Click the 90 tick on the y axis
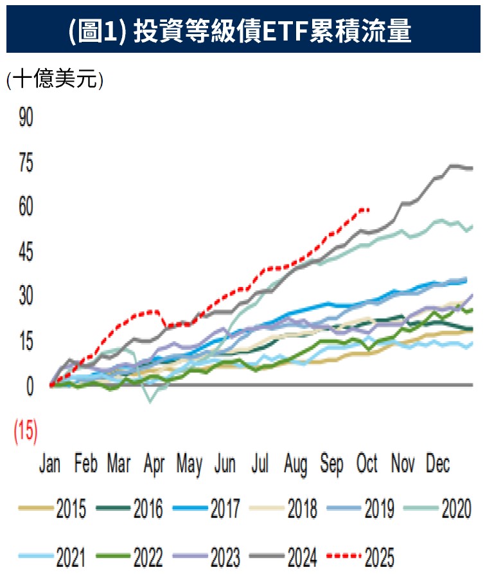click(x=26, y=118)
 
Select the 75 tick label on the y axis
click(x=26, y=163)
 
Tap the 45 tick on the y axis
click(x=26, y=252)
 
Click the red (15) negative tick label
click(x=26, y=430)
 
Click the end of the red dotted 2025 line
click(x=369, y=209)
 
